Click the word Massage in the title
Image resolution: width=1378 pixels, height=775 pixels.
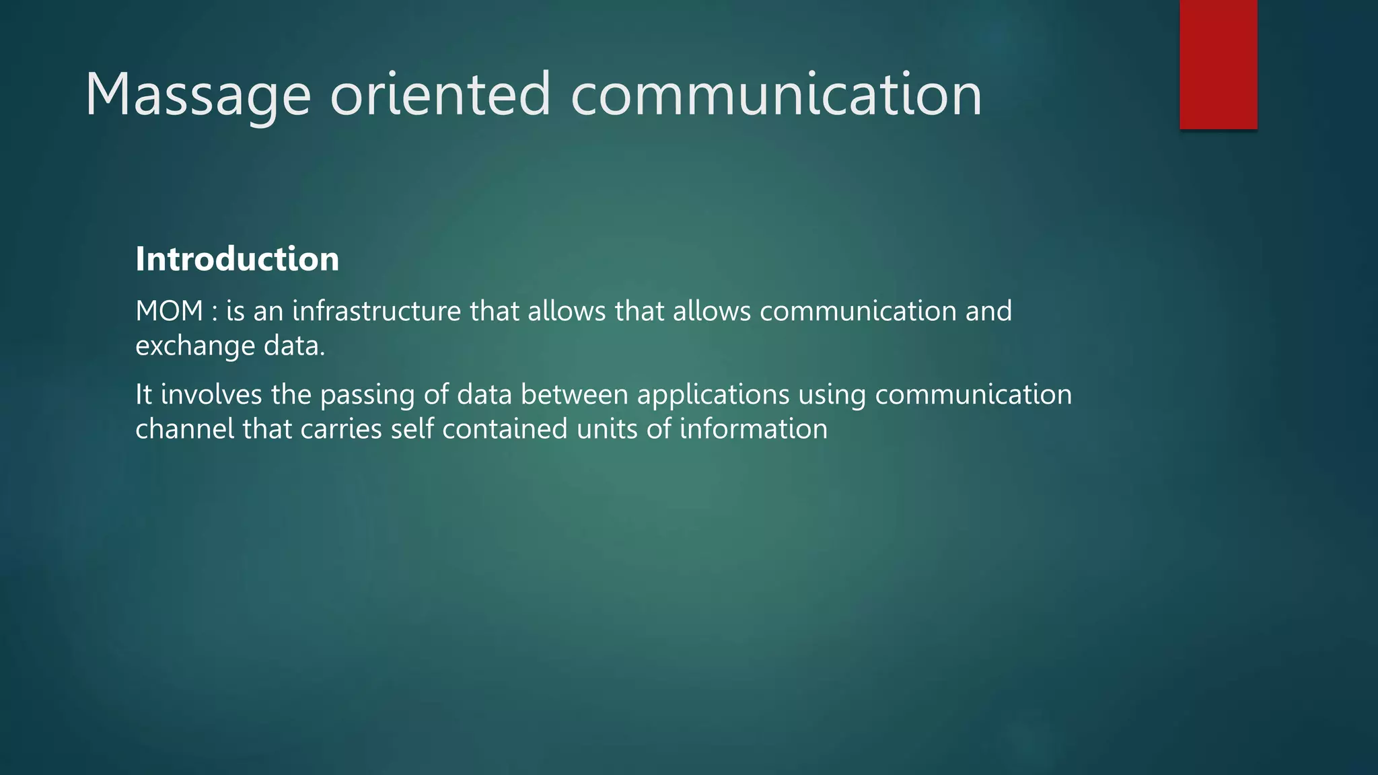(x=198, y=96)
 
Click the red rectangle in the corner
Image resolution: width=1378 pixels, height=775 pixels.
(x=1218, y=65)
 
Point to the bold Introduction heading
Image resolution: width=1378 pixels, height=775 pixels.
(x=238, y=259)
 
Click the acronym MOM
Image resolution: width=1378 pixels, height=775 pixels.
(x=169, y=311)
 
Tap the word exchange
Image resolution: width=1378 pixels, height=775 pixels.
(x=195, y=346)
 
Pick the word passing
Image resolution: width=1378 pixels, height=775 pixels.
(x=367, y=396)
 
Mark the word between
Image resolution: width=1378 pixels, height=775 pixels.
(x=574, y=394)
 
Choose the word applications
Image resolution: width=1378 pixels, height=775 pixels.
(x=713, y=396)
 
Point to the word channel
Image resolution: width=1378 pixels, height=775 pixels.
(x=184, y=429)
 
